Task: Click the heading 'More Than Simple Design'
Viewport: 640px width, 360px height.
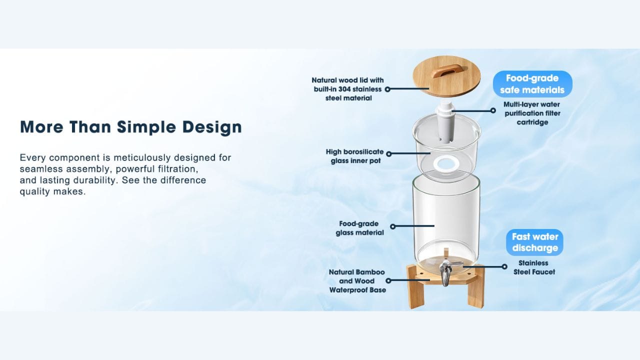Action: (131, 127)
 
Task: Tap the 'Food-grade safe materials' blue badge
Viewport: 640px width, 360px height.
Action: (532, 84)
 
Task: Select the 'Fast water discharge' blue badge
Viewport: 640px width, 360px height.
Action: (534, 242)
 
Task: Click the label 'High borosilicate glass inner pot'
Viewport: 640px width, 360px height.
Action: (354, 156)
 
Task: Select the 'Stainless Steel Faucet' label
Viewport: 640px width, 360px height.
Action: (534, 267)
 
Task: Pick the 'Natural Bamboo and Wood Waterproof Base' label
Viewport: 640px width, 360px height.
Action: (357, 281)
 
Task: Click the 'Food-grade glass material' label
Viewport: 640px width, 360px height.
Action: (359, 228)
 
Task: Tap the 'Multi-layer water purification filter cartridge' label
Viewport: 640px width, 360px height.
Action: (532, 113)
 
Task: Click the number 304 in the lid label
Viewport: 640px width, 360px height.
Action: (344, 89)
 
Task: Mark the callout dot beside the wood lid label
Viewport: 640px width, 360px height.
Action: (387, 89)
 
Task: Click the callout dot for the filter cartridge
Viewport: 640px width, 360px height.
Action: (493, 110)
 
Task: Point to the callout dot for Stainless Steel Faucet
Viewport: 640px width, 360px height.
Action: (504, 266)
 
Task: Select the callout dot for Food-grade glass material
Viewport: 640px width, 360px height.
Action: (393, 226)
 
